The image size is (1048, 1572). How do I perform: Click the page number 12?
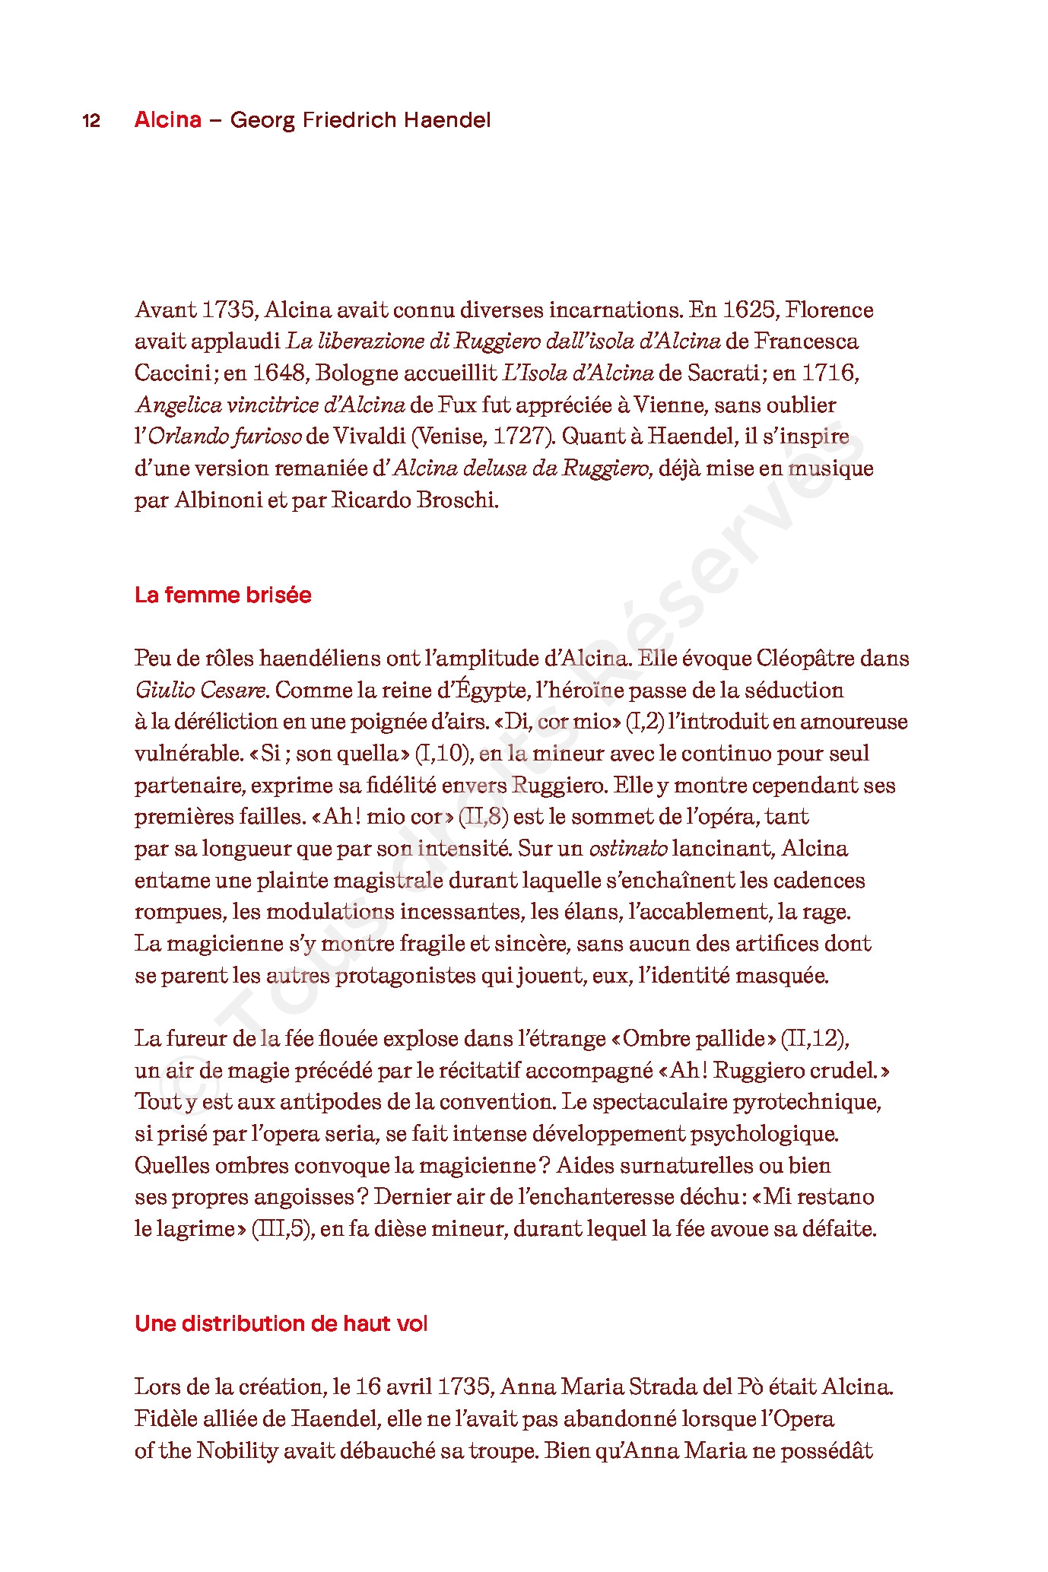point(91,121)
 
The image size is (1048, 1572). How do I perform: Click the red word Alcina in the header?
point(168,120)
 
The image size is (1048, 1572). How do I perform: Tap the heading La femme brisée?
point(223,595)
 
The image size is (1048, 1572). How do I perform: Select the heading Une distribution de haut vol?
point(281,1324)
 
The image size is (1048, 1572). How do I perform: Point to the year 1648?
point(280,373)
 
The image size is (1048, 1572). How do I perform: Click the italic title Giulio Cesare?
point(201,691)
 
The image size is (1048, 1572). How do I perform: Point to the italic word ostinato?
point(628,849)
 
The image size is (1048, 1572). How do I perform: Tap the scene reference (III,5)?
point(282,1229)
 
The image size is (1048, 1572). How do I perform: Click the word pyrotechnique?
point(807,1102)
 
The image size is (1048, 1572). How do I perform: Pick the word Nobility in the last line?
point(237,1451)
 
